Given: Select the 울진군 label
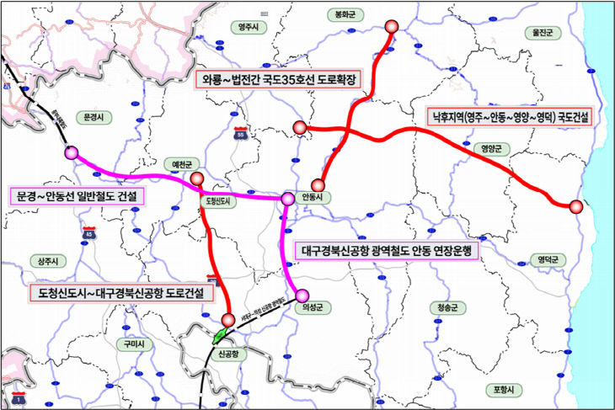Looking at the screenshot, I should click(541, 33).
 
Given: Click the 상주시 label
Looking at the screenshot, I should click(40, 260).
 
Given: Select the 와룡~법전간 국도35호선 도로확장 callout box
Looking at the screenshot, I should click(277, 80).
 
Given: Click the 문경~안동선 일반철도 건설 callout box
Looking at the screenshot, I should click(77, 197).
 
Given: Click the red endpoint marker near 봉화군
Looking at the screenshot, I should click(392, 27).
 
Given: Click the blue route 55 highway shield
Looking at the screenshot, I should click(241, 132).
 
